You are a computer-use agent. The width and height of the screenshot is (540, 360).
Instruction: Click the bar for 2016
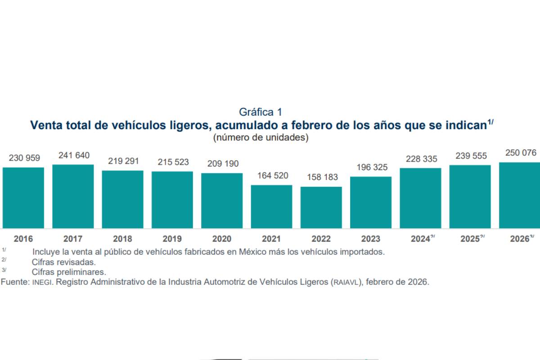23,198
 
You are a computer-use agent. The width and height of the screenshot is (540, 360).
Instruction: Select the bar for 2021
271,207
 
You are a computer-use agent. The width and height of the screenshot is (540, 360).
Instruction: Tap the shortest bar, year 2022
321,207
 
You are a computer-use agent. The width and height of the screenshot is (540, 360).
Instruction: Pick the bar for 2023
371,202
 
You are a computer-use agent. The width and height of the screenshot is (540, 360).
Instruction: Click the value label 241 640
74,155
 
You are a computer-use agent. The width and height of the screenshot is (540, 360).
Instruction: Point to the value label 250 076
521,153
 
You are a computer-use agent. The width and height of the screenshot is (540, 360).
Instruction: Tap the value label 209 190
223,164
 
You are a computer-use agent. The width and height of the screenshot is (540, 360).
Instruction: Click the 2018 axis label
122,239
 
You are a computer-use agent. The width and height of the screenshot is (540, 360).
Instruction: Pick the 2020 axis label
222,239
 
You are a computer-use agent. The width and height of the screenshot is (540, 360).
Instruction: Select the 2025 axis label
470,239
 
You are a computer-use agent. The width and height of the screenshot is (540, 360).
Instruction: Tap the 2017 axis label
73,239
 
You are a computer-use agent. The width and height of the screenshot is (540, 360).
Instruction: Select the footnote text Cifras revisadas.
64,262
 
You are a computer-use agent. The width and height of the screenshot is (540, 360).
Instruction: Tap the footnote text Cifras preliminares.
69,272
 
